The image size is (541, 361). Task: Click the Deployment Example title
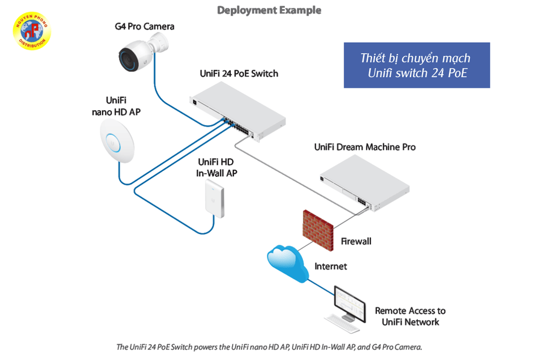269,10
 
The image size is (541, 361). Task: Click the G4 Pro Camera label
145,26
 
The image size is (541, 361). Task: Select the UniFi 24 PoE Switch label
239,74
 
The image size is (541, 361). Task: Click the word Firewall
356,241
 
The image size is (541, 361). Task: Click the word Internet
331,266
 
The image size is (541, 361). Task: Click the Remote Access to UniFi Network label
410,316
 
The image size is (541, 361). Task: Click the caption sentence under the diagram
270,347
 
